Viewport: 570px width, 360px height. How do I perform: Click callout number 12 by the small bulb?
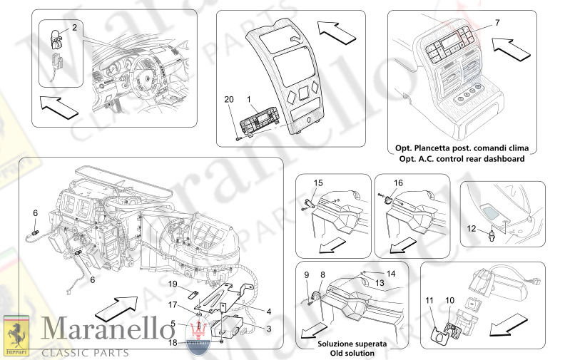[x=471, y=228]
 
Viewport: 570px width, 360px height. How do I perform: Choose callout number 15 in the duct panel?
[x=318, y=183]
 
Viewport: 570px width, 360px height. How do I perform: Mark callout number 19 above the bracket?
[x=173, y=284]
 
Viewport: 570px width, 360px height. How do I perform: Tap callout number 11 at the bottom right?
[x=429, y=301]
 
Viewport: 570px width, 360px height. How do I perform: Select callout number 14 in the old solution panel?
[x=390, y=273]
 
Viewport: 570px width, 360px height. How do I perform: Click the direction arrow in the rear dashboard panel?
[x=512, y=50]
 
